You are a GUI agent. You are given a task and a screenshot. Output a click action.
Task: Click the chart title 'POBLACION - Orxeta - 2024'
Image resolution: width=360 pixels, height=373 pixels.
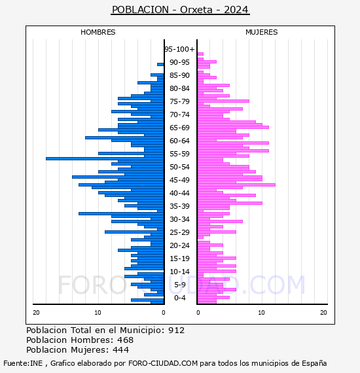pyautogui.click(x=180, y=10)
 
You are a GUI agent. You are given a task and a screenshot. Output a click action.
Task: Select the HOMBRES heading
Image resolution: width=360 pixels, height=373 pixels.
pyautogui.click(x=98, y=32)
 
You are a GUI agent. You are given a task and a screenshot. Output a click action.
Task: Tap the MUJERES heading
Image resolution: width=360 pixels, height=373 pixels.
pyautogui.click(x=262, y=32)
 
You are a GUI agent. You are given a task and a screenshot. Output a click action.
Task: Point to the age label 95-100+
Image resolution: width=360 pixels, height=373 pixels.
pyautogui.click(x=179, y=49)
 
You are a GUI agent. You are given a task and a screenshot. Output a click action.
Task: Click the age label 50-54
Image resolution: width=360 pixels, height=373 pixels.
pyautogui.click(x=179, y=167)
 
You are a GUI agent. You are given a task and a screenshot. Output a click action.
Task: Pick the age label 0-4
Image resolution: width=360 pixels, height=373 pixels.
pyautogui.click(x=179, y=298)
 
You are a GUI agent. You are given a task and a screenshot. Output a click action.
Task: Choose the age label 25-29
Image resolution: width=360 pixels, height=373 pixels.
pyautogui.click(x=179, y=232)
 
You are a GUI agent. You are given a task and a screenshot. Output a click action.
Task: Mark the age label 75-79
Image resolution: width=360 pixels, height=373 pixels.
pyautogui.click(x=179, y=101)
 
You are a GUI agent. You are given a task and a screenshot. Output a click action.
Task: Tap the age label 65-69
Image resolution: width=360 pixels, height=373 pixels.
pyautogui.click(x=179, y=128)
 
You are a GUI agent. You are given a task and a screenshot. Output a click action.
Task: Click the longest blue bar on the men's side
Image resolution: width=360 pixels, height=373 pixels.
pyautogui.click(x=105, y=158)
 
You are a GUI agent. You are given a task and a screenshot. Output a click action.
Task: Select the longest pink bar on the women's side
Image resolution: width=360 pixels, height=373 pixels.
pyautogui.click(x=236, y=185)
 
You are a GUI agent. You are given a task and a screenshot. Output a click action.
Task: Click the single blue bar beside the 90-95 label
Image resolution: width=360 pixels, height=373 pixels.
pyautogui.click(x=160, y=65)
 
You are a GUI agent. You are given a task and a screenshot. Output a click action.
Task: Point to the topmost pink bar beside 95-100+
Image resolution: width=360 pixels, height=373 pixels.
pyautogui.click(x=200, y=54)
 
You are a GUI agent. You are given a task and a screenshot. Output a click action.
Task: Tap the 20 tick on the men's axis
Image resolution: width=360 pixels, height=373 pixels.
pyautogui.click(x=36, y=313)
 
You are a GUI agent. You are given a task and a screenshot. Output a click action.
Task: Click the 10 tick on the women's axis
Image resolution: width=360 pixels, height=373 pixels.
pyautogui.click(x=261, y=313)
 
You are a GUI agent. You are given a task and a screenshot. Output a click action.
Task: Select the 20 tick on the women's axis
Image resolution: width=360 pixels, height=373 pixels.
pyautogui.click(x=323, y=313)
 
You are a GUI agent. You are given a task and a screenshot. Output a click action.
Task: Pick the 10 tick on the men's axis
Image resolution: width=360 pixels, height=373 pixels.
pyautogui.click(x=98, y=313)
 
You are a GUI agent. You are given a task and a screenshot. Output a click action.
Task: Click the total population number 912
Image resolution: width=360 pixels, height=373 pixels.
pyautogui.click(x=176, y=330)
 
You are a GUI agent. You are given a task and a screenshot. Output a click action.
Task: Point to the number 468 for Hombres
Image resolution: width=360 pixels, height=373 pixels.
pyautogui.click(x=126, y=340)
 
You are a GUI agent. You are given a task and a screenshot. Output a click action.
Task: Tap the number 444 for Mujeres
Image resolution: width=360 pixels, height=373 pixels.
pyautogui.click(x=121, y=349)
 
